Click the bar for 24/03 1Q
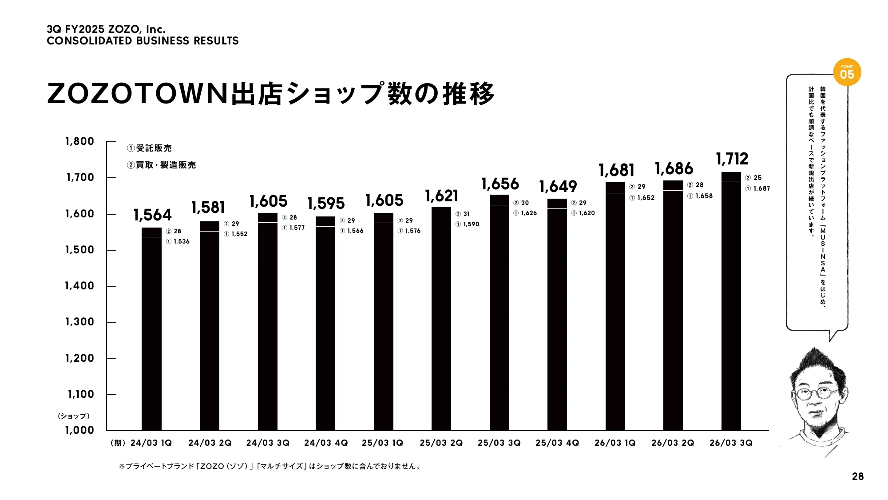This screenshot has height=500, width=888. [151, 329]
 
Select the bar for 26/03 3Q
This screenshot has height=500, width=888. [731, 302]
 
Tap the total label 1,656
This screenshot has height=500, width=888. [500, 184]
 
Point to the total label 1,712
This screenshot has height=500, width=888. [732, 159]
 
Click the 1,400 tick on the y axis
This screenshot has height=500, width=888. [80, 286]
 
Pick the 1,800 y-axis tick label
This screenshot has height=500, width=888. [80, 141]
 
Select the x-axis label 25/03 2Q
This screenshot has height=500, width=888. [441, 443]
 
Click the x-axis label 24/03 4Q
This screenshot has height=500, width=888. [326, 443]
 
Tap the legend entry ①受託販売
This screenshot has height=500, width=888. [149, 148]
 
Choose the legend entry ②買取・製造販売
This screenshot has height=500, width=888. [161, 165]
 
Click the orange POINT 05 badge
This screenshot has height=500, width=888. [847, 72]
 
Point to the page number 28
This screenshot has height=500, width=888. [858, 476]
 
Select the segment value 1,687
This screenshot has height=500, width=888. [761, 188]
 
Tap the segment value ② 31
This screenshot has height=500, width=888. [463, 214]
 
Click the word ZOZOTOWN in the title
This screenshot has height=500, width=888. [138, 94]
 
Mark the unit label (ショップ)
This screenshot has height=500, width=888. [74, 416]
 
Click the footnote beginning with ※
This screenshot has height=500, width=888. [270, 466]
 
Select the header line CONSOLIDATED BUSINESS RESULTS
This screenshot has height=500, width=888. [143, 41]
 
